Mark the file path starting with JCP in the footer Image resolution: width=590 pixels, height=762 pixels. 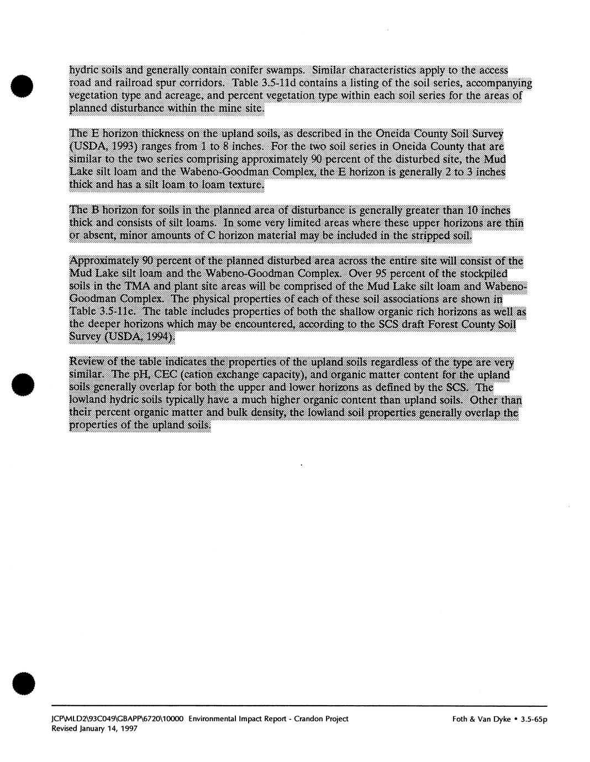coord(118,718)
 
